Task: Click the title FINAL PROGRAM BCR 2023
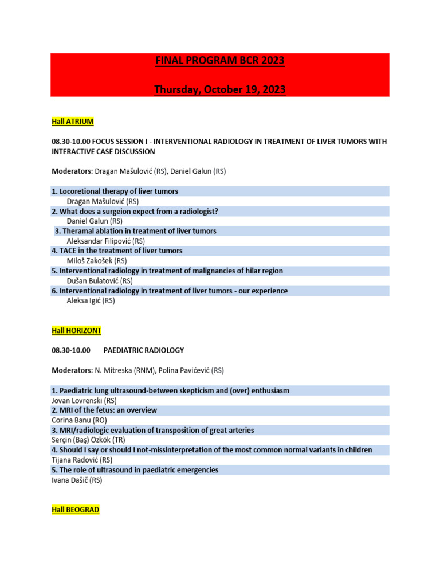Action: (220, 61)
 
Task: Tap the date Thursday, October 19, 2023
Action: (220, 90)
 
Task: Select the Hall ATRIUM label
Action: (72, 122)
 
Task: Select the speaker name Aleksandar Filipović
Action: (99, 241)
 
